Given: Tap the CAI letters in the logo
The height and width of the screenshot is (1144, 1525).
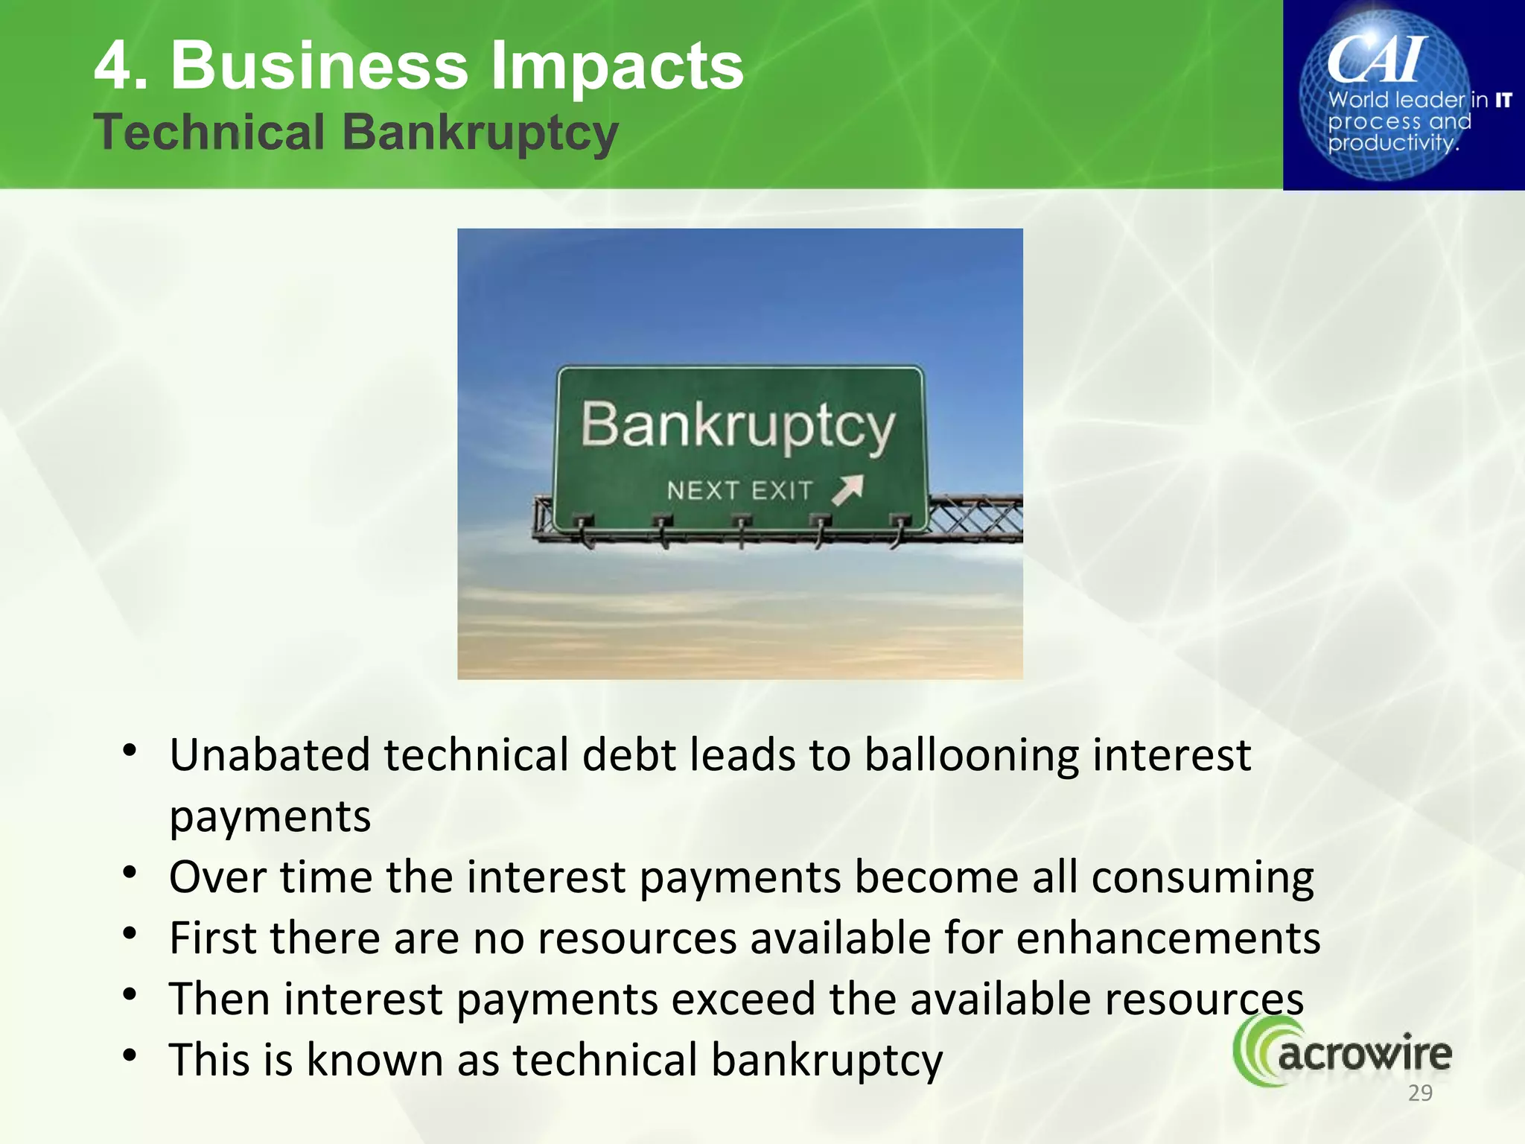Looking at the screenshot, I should [1378, 60].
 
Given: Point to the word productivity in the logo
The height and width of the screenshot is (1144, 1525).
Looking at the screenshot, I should [1391, 143].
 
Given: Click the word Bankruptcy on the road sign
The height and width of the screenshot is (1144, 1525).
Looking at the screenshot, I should [737, 426].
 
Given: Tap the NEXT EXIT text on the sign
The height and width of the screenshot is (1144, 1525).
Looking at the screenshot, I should [739, 491].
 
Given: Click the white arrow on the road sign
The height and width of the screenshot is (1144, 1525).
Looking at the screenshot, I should [848, 489].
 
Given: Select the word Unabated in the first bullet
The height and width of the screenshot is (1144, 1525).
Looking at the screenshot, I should [270, 755].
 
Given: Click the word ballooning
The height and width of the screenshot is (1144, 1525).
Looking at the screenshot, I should [971, 755].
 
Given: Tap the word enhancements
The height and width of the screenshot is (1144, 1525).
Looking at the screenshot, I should [1168, 938].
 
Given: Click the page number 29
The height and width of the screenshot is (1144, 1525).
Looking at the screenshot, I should [1420, 1093].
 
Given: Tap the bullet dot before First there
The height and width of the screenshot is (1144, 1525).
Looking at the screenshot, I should [130, 933].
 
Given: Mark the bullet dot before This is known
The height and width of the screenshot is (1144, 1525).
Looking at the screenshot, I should [130, 1055].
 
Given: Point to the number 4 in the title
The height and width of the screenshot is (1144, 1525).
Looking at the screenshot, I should [112, 67].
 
